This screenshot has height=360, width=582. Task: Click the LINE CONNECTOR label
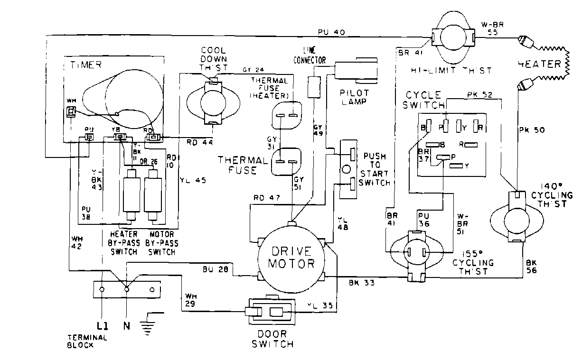(310, 55)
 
